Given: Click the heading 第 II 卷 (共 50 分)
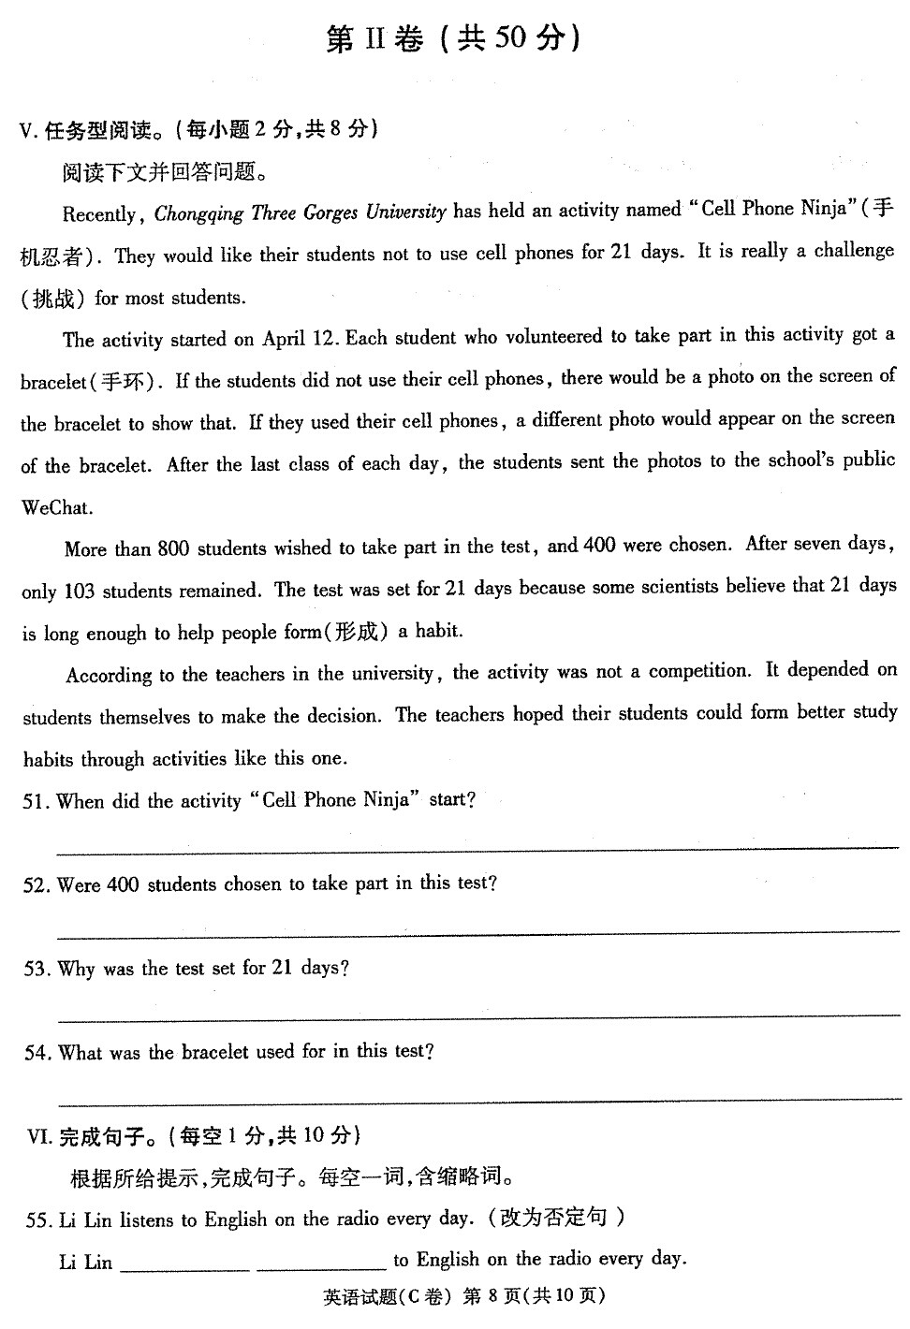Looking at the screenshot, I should [453, 39].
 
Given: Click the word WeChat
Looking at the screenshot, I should [57, 507].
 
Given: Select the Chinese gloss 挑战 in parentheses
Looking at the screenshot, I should [53, 299].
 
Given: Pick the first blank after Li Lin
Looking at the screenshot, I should [185, 1265].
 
